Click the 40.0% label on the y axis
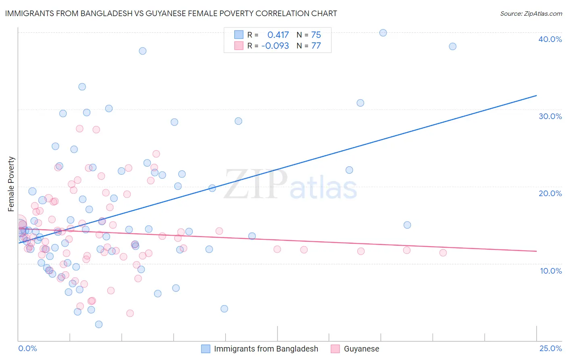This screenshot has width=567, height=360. pyautogui.click(x=550, y=39)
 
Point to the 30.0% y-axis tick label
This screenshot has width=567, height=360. pyautogui.click(x=550, y=116)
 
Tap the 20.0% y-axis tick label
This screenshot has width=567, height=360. pyautogui.click(x=550, y=193)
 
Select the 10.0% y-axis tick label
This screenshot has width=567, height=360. pyautogui.click(x=550, y=271)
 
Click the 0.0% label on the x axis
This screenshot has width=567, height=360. pyautogui.click(x=27, y=348)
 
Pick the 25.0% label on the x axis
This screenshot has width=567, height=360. pyautogui.click(x=550, y=348)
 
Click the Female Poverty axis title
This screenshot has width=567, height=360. pyautogui.click(x=11, y=184)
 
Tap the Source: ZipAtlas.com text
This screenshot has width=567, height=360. pyautogui.click(x=531, y=13)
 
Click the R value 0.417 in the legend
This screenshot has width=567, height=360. pyautogui.click(x=278, y=35)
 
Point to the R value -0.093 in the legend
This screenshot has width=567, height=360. pyautogui.click(x=275, y=46)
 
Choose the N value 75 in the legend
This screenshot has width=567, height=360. pyautogui.click(x=316, y=35)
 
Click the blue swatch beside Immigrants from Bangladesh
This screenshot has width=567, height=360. pyautogui.click(x=206, y=349)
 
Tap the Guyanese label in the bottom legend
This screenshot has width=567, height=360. pyautogui.click(x=361, y=349)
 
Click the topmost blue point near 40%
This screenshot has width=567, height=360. pyautogui.click(x=383, y=33)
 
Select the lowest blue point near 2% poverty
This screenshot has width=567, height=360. pyautogui.click(x=99, y=324)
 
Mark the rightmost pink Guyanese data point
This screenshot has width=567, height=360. pyautogui.click(x=443, y=253)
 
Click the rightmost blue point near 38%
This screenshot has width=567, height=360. pyautogui.click(x=452, y=46)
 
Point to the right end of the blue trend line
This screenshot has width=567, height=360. pyautogui.click(x=536, y=95)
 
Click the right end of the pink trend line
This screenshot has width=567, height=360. pyautogui.click(x=536, y=251)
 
